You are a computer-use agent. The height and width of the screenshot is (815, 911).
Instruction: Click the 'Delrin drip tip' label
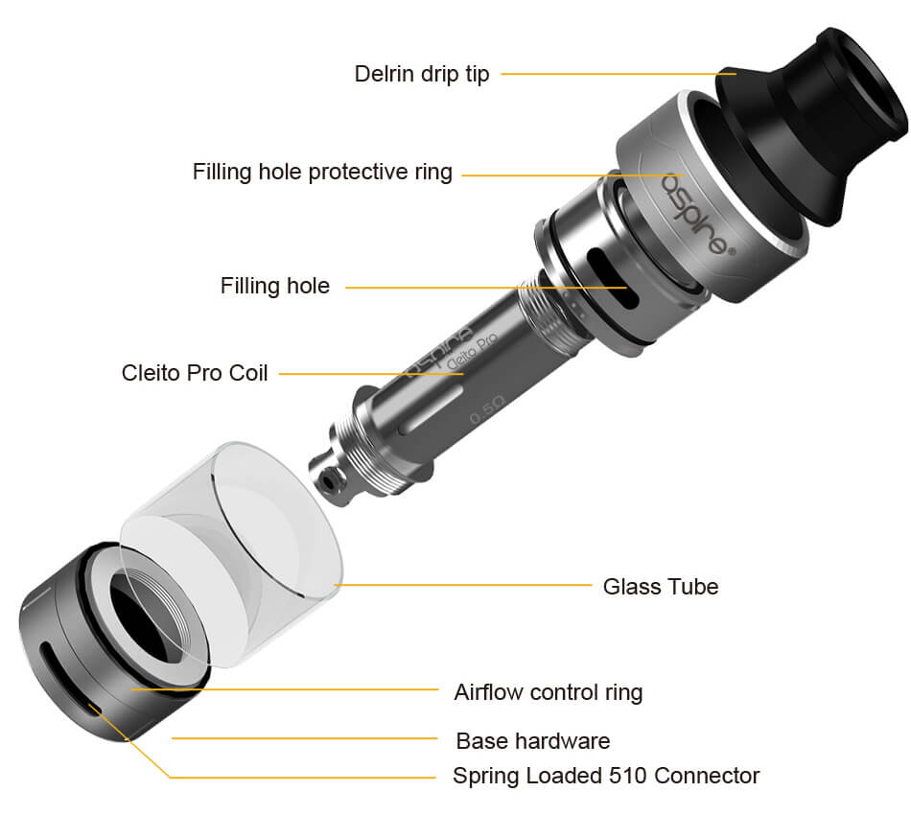pos(422,75)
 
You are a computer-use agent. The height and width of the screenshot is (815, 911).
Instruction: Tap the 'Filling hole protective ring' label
pos(322,172)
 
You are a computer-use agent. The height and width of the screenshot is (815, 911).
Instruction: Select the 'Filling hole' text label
pos(275,286)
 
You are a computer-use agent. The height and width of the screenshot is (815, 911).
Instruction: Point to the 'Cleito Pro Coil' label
pos(195,373)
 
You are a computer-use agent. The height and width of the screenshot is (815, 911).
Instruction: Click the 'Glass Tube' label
pos(661,587)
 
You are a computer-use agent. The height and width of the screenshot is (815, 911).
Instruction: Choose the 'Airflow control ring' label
pos(549,692)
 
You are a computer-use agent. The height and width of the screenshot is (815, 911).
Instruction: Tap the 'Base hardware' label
pos(533,741)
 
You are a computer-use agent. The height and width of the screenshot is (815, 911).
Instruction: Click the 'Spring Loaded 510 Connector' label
pos(606,776)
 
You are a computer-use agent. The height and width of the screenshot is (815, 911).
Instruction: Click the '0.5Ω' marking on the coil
pos(487,410)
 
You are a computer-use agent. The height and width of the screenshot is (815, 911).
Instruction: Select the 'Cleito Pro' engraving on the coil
pos(472,352)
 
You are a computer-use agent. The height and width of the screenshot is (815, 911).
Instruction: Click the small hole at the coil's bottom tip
pos(330,481)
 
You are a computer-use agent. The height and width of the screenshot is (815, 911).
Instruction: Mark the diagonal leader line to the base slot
pos(129,740)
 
